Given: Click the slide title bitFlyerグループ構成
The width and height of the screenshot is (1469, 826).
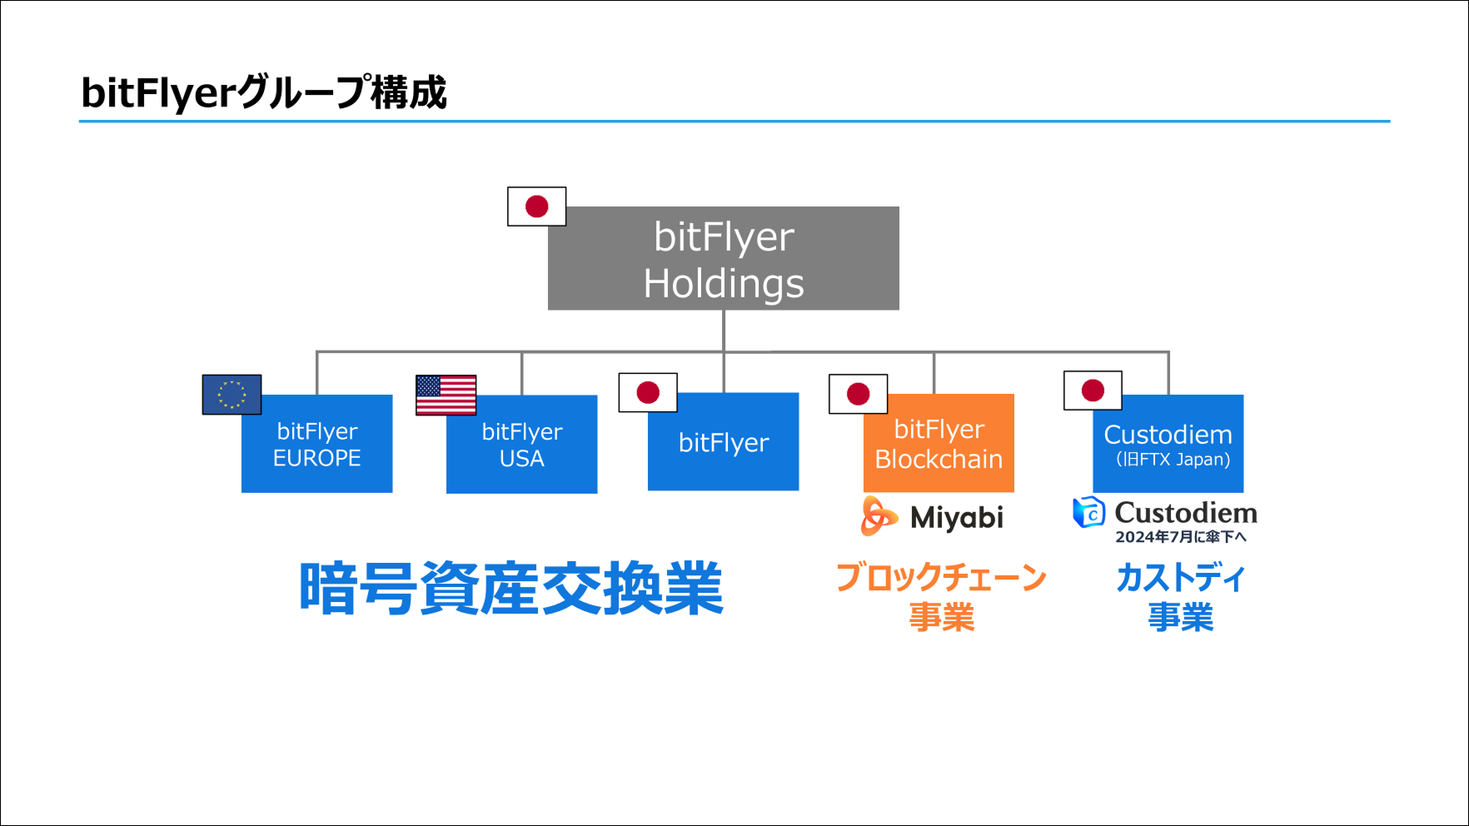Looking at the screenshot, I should [x=263, y=92].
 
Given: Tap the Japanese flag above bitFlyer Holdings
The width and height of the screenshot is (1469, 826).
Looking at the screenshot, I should [x=536, y=206].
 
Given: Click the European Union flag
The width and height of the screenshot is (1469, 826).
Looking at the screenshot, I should [x=232, y=395].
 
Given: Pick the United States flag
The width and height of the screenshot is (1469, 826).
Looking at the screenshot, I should [x=446, y=395].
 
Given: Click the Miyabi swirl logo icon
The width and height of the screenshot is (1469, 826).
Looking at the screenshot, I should [x=879, y=516].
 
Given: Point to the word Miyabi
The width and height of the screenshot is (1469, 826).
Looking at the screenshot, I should [x=957, y=518].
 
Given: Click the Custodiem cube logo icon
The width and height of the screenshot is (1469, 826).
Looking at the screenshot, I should [x=1088, y=512].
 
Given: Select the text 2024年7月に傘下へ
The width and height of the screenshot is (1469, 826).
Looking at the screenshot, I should [x=1181, y=537].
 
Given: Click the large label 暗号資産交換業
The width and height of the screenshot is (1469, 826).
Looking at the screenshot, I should [x=510, y=589].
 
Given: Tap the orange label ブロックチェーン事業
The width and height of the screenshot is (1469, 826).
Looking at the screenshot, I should [x=941, y=597].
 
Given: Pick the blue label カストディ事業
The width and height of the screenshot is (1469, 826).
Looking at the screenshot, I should [x=1180, y=597].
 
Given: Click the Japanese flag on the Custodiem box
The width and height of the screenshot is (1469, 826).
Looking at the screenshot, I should [x=1093, y=391].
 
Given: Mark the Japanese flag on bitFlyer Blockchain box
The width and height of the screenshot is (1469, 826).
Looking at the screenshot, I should [x=858, y=394].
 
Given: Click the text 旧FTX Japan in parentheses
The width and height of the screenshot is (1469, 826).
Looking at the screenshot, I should [x=1173, y=460].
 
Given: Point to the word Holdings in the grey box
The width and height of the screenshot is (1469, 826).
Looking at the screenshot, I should [x=724, y=284].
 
